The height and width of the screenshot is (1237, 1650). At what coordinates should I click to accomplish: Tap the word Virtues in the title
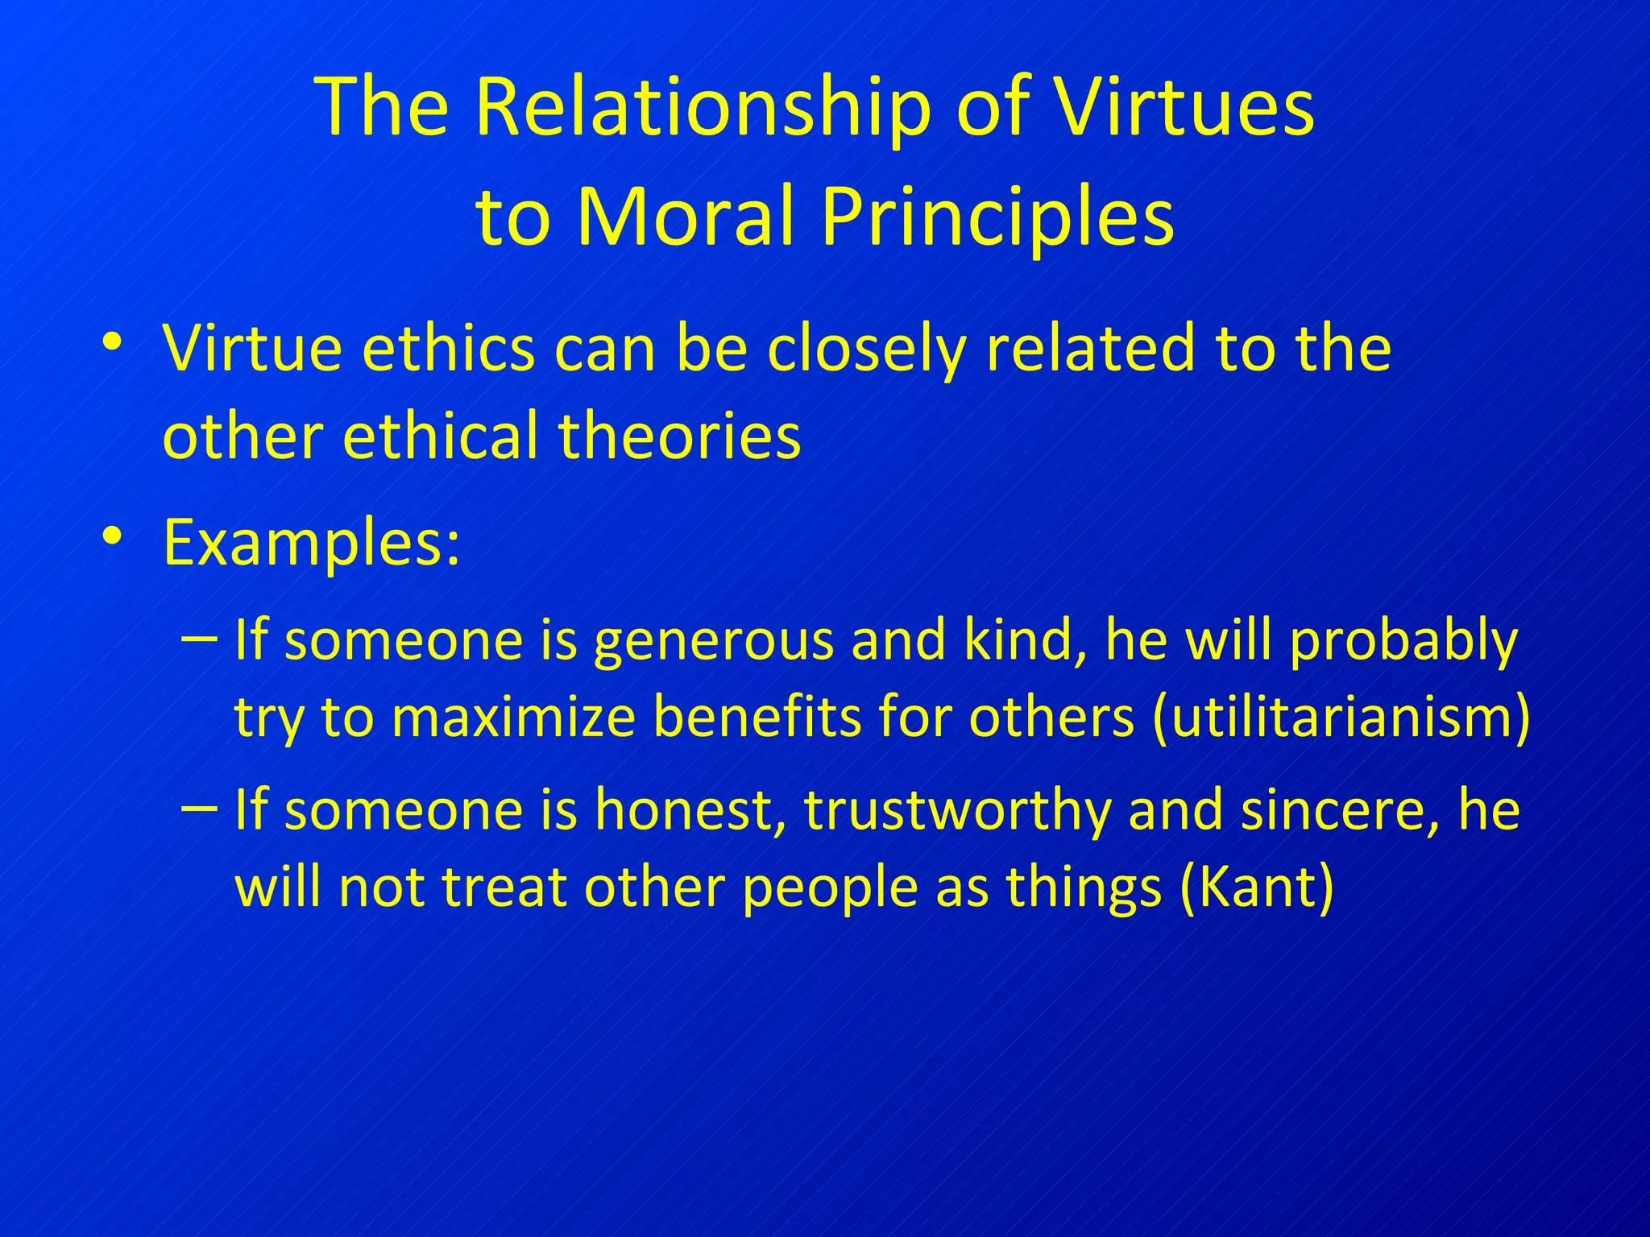[1184, 108]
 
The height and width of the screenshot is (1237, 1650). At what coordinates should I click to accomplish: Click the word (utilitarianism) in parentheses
[1341, 717]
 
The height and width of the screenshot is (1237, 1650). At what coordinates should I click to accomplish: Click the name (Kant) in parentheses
[1256, 887]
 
